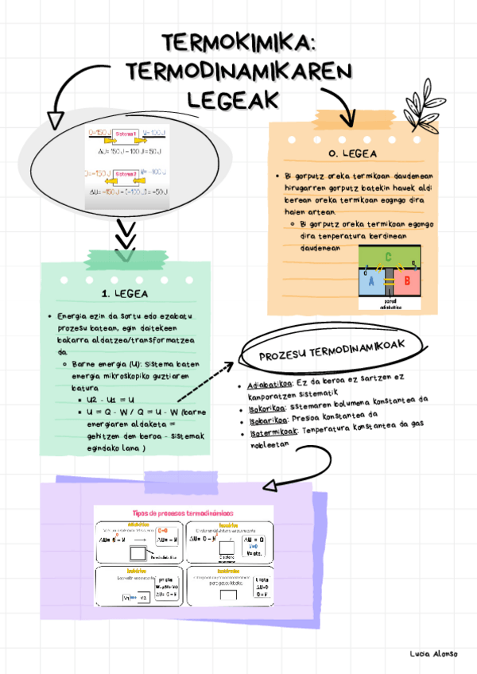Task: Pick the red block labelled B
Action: [406, 281]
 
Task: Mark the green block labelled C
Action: [388, 257]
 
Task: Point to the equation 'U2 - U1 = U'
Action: [111, 399]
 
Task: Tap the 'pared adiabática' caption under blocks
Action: [390, 304]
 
